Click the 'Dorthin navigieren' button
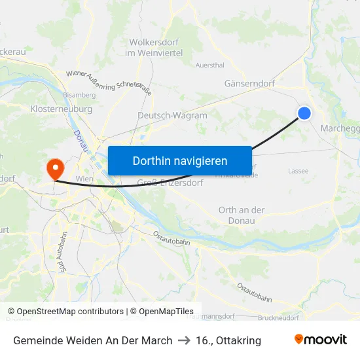coord(179,160)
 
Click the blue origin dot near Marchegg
coord(304,113)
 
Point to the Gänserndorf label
coord(249,84)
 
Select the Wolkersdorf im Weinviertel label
coord(151,47)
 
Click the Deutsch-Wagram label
coord(172,115)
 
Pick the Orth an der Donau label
coord(242,215)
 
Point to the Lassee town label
coord(298,171)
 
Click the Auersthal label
coord(210,65)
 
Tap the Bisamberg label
coord(79,95)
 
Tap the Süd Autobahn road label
coord(63,257)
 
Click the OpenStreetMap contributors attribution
coord(69,312)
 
